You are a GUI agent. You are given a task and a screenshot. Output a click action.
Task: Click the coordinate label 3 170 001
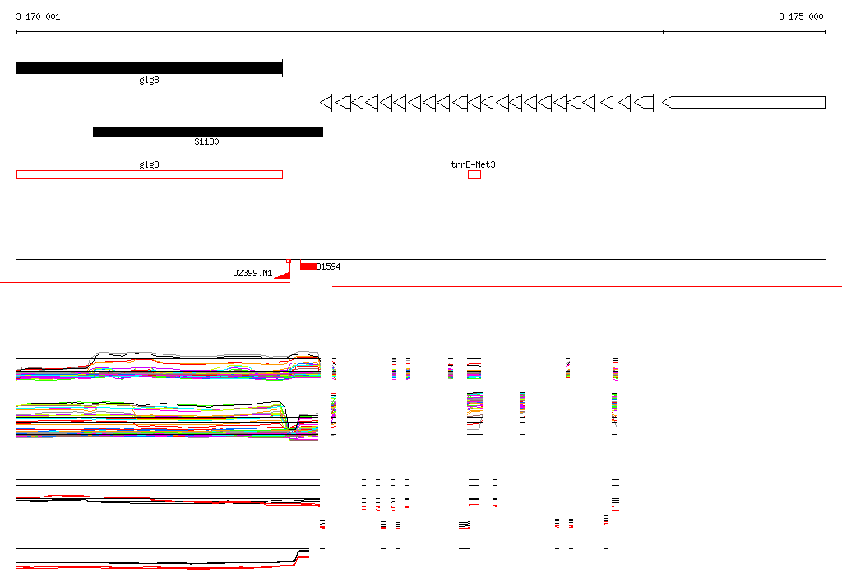pos(38,16)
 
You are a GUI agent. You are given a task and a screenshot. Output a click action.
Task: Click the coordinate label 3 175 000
pos(801,16)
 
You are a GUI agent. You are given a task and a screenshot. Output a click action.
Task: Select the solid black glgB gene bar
pos(150,68)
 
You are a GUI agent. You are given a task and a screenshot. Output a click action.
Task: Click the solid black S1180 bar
pos(208,132)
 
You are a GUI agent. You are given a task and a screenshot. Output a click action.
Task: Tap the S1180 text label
pos(206,141)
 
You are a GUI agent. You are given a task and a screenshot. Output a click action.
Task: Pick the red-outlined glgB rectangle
pos(150,174)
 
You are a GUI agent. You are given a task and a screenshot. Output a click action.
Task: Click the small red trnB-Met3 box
pos(474,174)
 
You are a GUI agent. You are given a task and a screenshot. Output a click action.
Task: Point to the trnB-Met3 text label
pos(473,164)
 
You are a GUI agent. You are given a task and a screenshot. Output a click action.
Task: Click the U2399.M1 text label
pos(252,273)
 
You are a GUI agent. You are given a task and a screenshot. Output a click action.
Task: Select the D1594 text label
pos(329,266)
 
